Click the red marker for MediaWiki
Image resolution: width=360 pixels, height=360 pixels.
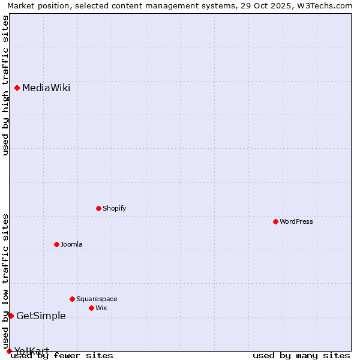point(17,88)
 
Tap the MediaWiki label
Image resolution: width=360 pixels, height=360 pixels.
point(46,88)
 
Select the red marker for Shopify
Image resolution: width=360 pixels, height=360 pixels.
point(98,209)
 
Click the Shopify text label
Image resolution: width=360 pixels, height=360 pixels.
point(114,209)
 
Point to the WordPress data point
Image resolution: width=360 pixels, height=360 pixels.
point(275,222)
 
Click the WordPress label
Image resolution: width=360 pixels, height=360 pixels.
point(296,222)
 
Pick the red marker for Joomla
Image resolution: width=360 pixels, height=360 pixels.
point(56,244)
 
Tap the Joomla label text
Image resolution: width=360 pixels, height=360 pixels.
point(71,244)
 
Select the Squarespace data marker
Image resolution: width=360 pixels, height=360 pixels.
point(72,299)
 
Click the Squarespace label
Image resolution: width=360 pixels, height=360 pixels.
point(97,299)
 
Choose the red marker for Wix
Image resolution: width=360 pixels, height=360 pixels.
point(91,308)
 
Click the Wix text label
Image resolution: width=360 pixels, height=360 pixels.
point(101,308)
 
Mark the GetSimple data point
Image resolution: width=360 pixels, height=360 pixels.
point(11,316)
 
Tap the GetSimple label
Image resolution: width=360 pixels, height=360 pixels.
point(41,316)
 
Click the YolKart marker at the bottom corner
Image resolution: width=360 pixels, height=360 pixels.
point(9,351)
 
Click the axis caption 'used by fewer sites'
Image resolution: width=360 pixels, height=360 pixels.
point(62,356)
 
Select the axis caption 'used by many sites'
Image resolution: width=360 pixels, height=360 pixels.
point(301,356)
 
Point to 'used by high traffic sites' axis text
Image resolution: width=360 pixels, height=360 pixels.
point(5,85)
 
